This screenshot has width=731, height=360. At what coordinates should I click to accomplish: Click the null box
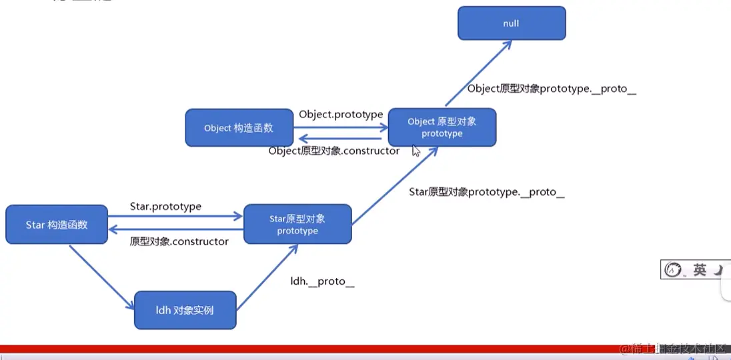click(x=512, y=23)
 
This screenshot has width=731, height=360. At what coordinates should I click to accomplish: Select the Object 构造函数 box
click(x=239, y=128)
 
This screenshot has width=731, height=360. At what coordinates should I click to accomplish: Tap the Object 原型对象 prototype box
click(x=442, y=127)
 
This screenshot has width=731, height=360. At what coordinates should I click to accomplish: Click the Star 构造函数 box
click(x=57, y=225)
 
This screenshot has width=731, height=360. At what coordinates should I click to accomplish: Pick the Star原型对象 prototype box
click(x=297, y=225)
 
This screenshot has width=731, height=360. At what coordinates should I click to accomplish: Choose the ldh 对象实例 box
click(x=185, y=310)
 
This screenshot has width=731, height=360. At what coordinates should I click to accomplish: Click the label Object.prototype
click(x=341, y=114)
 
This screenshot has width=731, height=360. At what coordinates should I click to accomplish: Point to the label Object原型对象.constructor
click(x=334, y=151)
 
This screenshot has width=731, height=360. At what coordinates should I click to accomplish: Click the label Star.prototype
click(x=165, y=207)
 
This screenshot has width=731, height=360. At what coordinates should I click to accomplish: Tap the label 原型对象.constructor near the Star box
click(x=179, y=241)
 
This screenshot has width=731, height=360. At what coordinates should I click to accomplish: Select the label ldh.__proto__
click(x=322, y=281)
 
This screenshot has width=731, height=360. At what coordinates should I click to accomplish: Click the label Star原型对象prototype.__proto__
click(x=487, y=192)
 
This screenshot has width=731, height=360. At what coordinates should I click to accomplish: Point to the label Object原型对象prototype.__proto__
click(x=552, y=89)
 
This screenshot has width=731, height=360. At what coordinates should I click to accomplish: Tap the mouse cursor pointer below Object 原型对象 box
click(x=416, y=151)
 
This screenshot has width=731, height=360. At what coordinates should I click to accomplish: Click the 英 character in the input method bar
click(x=699, y=270)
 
